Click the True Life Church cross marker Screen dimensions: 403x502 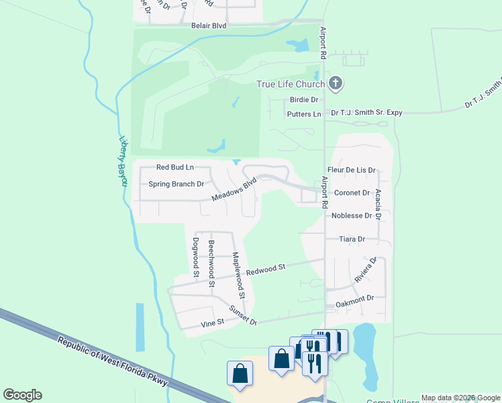tap(336, 84)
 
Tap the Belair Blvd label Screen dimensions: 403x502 tap(208, 26)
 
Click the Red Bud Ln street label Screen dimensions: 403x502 tap(174, 167)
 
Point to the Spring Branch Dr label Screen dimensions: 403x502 tap(176, 184)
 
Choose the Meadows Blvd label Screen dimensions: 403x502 tap(234, 189)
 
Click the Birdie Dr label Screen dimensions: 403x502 tap(304, 99)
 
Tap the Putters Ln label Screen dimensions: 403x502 tap(304, 114)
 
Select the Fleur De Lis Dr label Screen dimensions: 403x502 tap(351, 171)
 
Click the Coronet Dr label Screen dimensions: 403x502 tap(352, 193)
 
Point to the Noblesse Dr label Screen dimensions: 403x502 tap(352, 216)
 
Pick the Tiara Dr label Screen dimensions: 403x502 tap(352, 239)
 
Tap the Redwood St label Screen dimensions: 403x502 tap(266, 269)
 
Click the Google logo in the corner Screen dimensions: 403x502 tap(22, 395)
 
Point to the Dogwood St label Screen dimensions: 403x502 tap(195, 257)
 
